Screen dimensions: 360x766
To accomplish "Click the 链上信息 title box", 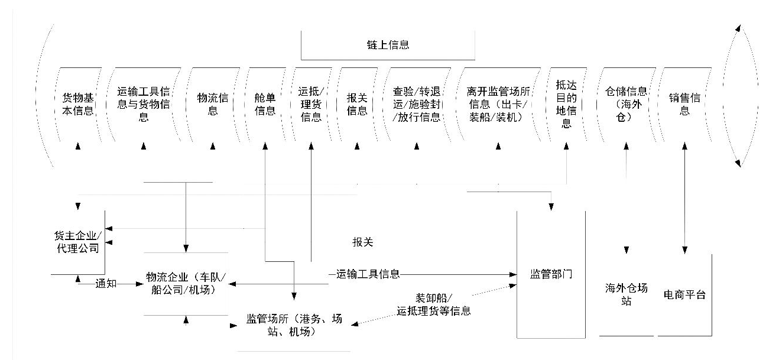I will pyautogui.click(x=388, y=45).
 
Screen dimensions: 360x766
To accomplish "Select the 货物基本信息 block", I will pyautogui.click(x=78, y=104).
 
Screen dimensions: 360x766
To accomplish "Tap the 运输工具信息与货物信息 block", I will pyautogui.click(x=144, y=104).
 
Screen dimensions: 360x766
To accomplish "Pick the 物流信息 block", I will pyautogui.click(x=213, y=104).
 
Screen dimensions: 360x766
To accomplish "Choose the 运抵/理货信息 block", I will pyautogui.click(x=311, y=104).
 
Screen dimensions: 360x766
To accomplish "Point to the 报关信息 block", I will pyautogui.click(x=357, y=104).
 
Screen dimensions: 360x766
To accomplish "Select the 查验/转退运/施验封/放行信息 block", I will pyautogui.click(x=416, y=104).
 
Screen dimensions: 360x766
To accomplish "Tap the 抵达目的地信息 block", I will pyautogui.click(x=566, y=104).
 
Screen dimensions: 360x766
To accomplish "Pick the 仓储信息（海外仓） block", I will pyautogui.click(x=626, y=104).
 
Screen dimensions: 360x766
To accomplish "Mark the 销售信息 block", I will pyautogui.click(x=684, y=104).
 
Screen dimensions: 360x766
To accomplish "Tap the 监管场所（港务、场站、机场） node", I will pyautogui.click(x=294, y=325).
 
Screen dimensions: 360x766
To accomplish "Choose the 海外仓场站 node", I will pyautogui.click(x=626, y=294).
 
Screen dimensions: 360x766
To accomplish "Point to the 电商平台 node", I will pyautogui.click(x=684, y=294).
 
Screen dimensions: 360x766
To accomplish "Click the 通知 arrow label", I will pyautogui.click(x=106, y=284).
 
